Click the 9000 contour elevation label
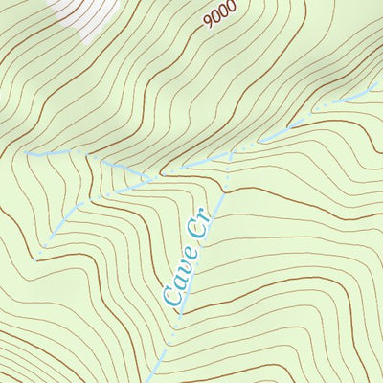point(219,16)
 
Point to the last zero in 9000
point(231,10)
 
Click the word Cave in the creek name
point(181,275)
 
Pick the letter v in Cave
point(185,268)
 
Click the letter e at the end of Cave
point(191,255)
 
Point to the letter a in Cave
point(178,282)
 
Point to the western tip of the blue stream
point(27,152)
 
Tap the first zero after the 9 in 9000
point(215,18)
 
